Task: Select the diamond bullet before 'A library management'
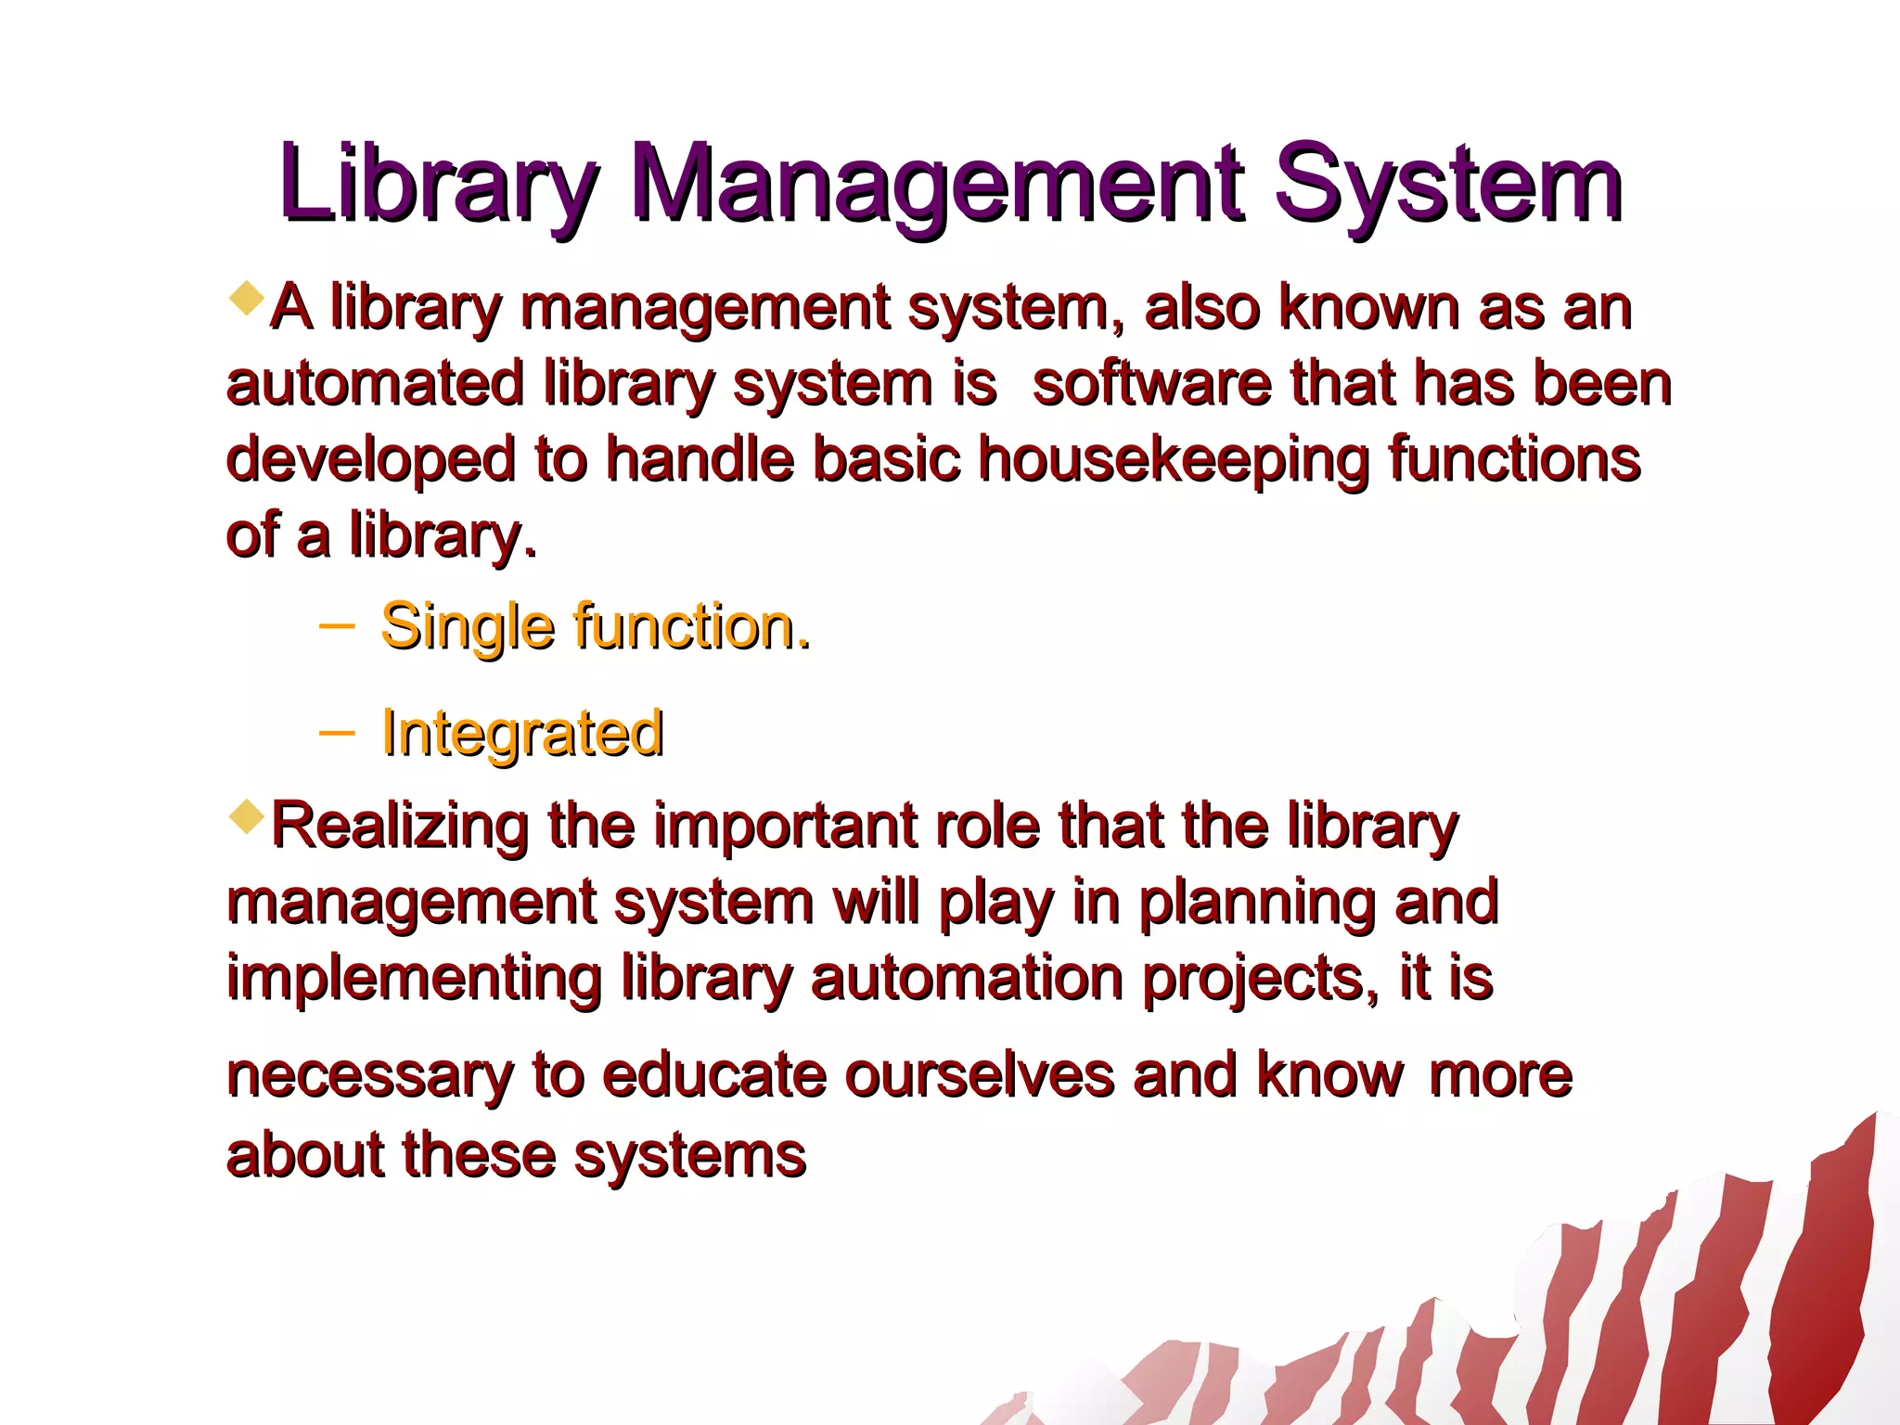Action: coord(246,299)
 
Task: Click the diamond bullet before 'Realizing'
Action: coord(246,816)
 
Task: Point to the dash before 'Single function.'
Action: coord(336,626)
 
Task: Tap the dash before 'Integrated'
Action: coord(336,733)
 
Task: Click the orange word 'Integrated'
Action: coord(522,733)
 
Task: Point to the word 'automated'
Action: coord(375,384)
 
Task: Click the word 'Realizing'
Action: coord(400,826)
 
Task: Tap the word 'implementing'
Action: coord(414,980)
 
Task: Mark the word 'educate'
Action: coord(713,1076)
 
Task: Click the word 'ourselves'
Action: coord(979,1076)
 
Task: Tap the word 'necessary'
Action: coord(369,1076)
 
